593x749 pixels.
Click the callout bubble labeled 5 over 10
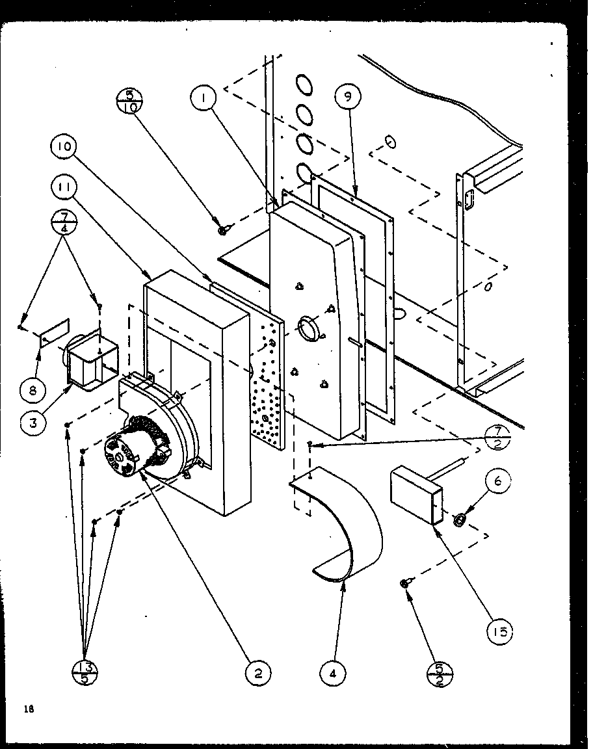(128, 104)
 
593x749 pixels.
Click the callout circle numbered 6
(497, 481)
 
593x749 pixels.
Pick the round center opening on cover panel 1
(310, 328)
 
